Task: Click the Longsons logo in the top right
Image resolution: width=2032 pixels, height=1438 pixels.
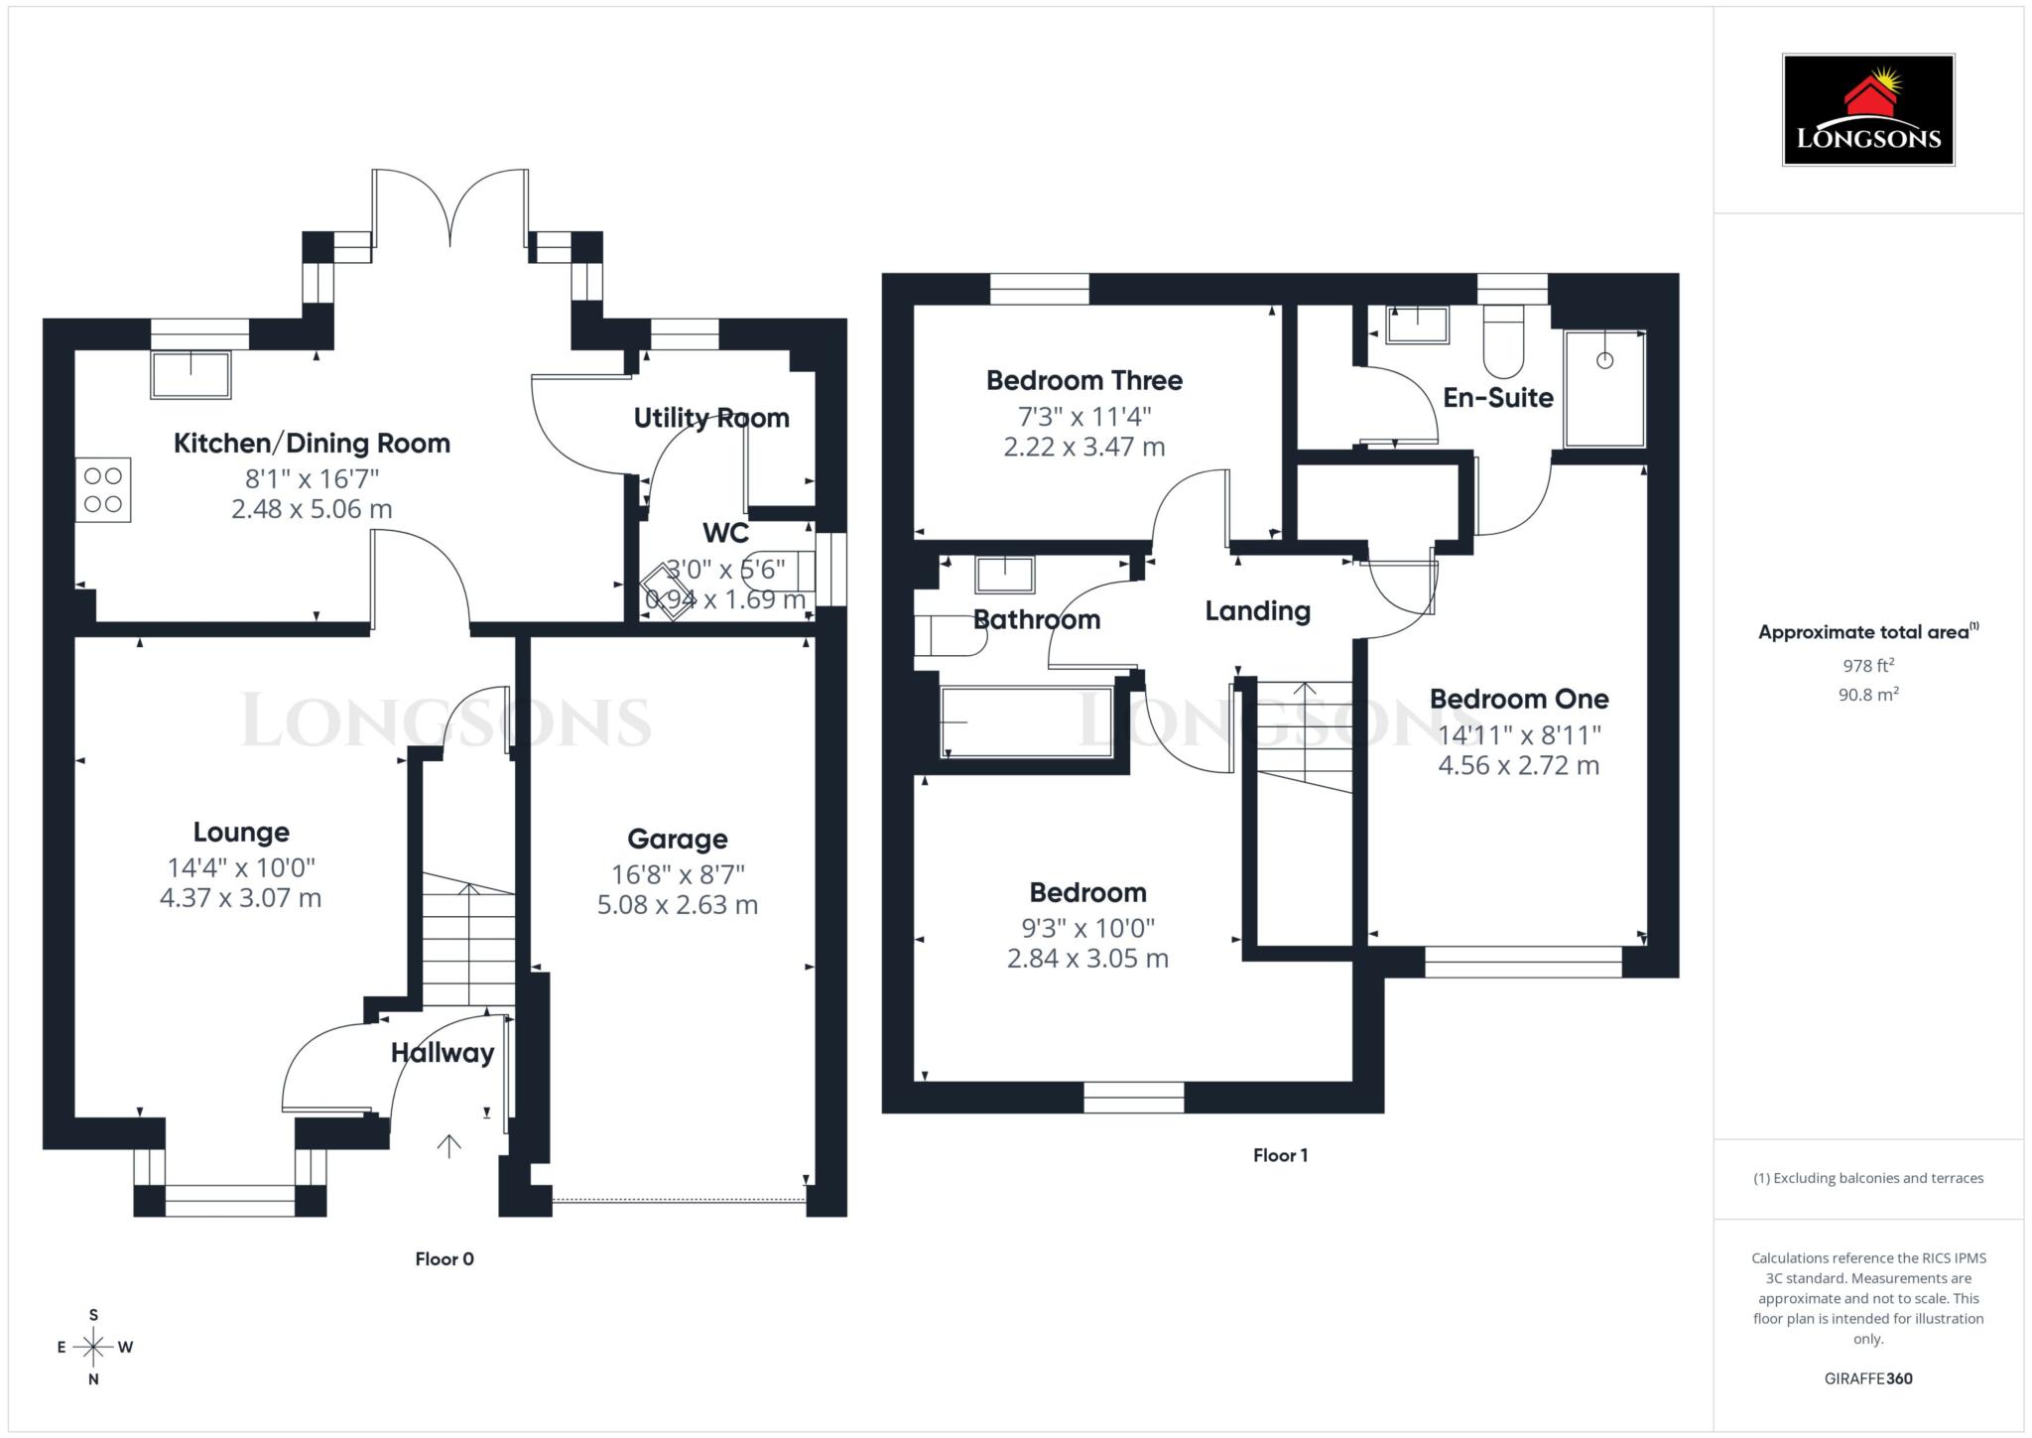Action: click(x=1867, y=110)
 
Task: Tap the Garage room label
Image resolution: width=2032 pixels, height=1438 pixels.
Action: click(x=678, y=839)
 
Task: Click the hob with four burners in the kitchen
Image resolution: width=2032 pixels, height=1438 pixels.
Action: click(x=103, y=489)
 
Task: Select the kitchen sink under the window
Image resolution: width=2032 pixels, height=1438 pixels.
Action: click(x=190, y=374)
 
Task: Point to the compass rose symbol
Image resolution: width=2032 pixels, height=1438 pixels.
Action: click(x=93, y=1347)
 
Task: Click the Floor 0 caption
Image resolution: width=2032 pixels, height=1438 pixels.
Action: click(x=444, y=1258)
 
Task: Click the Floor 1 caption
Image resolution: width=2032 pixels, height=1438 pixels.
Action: click(x=1280, y=1155)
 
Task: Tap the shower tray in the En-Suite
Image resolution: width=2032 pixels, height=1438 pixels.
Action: click(x=1604, y=389)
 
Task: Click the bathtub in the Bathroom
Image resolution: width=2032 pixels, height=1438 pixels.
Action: click(x=1026, y=721)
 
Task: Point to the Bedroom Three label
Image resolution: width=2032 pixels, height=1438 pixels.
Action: click(x=1083, y=380)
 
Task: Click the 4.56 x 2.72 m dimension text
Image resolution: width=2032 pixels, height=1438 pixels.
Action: click(x=1518, y=765)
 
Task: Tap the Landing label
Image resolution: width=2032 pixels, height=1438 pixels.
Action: click(x=1257, y=610)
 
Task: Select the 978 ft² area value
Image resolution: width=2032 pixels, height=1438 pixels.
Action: click(x=1867, y=665)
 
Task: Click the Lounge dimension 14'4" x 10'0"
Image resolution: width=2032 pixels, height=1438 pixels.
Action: click(x=241, y=867)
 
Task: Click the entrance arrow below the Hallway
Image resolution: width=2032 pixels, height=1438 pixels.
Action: click(x=449, y=1146)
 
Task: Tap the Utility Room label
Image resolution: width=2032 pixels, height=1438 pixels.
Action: click(x=711, y=418)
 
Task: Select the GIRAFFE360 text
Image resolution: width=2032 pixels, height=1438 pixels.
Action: click(x=1867, y=1378)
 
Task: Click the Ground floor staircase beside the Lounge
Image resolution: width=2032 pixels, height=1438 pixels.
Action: click(x=468, y=938)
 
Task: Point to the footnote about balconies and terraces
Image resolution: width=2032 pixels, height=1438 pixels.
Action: click(x=1867, y=1178)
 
